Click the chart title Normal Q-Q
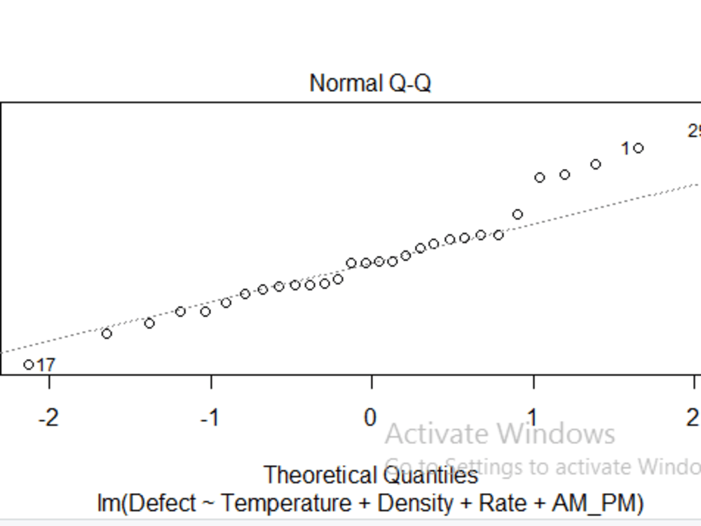pyautogui.click(x=370, y=83)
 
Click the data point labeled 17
pyautogui.click(x=29, y=364)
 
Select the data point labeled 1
pyautogui.click(x=638, y=148)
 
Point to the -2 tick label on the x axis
pyautogui.click(x=48, y=418)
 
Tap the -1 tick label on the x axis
pyautogui.click(x=209, y=418)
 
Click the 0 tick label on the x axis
pyautogui.click(x=370, y=418)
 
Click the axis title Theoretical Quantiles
pyautogui.click(x=370, y=476)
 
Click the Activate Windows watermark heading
pyautogui.click(x=500, y=433)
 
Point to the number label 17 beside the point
pyautogui.click(x=46, y=365)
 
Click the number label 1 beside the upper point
pyautogui.click(x=625, y=149)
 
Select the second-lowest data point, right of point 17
pyautogui.click(x=107, y=333)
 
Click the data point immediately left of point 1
pyautogui.click(x=596, y=164)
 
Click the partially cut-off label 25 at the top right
pyautogui.click(x=694, y=131)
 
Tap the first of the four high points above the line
pyautogui.click(x=540, y=177)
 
